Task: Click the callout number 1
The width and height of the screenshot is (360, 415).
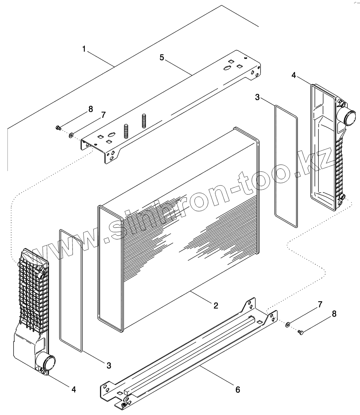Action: pos(84,49)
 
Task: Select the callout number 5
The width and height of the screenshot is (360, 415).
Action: pos(162,57)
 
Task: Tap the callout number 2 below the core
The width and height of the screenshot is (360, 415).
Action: pos(216,305)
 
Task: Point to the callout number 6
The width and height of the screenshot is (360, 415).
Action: pos(238,389)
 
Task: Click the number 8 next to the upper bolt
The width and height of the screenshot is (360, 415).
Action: pos(91,109)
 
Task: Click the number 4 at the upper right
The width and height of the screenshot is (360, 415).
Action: pos(293,75)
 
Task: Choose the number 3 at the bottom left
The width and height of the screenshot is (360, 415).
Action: pos(109,365)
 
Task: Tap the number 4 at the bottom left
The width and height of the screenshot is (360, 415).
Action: pos(73,389)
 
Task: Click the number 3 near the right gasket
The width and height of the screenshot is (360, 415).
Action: pos(257,97)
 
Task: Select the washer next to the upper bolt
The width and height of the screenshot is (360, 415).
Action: pos(71,135)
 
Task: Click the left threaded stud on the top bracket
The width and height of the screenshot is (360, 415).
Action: pos(126,132)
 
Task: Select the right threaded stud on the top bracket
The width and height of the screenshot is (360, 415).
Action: pos(144,121)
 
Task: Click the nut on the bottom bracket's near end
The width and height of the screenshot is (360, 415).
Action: pos(123,405)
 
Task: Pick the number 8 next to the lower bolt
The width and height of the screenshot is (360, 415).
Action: pos(334,314)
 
